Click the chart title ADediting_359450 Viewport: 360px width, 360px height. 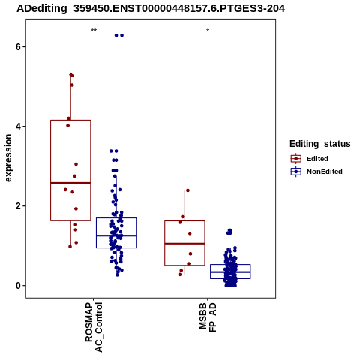point(151,9)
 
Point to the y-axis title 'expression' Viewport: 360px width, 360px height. point(8,158)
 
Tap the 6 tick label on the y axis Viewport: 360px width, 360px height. point(18,47)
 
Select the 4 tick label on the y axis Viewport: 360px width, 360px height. point(18,127)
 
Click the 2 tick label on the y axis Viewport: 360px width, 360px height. point(18,206)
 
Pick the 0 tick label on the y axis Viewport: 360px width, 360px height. point(18,286)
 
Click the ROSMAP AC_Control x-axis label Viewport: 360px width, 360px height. point(94,327)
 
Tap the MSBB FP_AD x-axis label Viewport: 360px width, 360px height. point(208,317)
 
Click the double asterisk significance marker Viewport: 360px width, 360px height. point(94,31)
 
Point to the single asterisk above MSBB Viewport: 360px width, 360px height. point(208,31)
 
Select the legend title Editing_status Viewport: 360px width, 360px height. point(320,144)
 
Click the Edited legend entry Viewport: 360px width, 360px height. point(310,159)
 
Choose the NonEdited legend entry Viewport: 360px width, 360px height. point(316,172)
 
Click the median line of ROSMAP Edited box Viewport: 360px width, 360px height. point(70,183)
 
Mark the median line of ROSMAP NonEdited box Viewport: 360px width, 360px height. point(116,235)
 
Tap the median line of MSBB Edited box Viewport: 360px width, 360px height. point(184,244)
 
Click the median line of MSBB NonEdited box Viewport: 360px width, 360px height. point(230,271)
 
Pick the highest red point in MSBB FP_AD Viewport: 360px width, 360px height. point(187,190)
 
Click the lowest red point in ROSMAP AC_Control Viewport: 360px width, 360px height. point(70,247)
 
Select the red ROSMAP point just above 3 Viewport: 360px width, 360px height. point(76,164)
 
